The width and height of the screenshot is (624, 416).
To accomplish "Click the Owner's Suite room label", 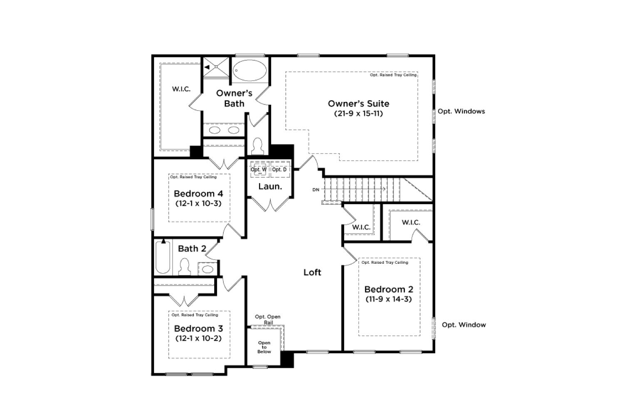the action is click(359, 104).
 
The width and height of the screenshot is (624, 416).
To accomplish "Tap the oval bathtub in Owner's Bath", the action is click(249, 70).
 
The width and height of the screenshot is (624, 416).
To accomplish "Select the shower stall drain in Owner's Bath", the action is click(216, 67).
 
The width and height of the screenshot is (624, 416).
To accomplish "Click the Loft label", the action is click(312, 272).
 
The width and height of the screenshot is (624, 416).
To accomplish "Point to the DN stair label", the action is click(316, 190).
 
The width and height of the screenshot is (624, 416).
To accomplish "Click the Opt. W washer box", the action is click(260, 169).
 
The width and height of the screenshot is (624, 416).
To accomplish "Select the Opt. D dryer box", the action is click(280, 169).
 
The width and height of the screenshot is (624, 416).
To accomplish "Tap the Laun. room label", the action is click(270, 186).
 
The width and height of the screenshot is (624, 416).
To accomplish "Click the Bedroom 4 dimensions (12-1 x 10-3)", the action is click(198, 203).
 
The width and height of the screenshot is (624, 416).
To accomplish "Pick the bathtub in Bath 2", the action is click(163, 257).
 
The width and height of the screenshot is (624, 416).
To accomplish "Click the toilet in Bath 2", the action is click(184, 267).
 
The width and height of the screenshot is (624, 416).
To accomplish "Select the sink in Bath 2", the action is click(208, 269).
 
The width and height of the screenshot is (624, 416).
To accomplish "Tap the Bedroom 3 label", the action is click(198, 329).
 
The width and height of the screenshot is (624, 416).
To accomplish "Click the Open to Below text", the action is click(264, 347).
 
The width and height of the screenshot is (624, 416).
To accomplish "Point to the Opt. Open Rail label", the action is click(268, 319).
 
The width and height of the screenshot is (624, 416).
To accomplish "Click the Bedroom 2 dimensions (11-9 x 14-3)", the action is click(389, 299).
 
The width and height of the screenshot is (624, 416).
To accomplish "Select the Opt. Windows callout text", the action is click(461, 111).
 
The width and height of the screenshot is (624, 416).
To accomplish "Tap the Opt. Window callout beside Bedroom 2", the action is click(464, 325).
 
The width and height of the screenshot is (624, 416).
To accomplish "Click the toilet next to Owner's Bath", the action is click(258, 146).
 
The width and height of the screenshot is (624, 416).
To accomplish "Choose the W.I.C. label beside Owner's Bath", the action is click(181, 89).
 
